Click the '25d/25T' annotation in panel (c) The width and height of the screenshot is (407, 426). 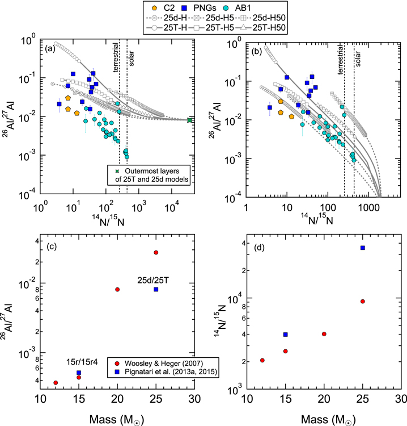[152, 279]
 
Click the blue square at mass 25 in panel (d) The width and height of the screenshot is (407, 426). [362, 248]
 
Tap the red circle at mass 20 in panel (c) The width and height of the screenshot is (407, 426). [117, 290]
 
